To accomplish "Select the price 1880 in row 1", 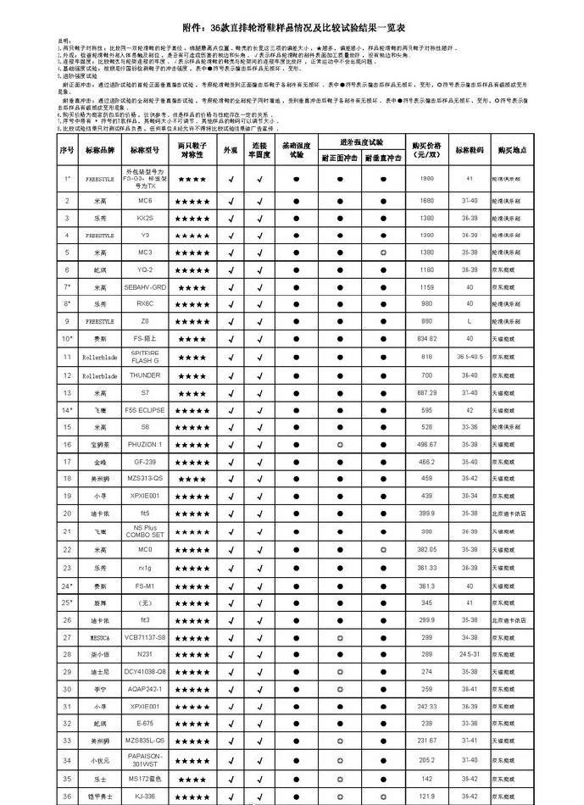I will (426, 179).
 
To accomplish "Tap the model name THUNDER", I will (145, 375).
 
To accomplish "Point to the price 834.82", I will (426, 339).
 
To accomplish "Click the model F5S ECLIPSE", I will (145, 409).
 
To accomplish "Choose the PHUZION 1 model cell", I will (145, 444).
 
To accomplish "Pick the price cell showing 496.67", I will (426, 444).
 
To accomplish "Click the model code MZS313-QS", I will (145, 479).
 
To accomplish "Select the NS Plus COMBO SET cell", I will (145, 530).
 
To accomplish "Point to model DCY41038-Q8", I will (145, 671).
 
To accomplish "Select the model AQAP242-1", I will (145, 689).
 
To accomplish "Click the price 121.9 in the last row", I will (426, 797).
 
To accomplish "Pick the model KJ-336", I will (145, 797).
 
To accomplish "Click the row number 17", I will (67, 462).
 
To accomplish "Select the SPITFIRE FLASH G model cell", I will (145, 356).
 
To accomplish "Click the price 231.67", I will (426, 740).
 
